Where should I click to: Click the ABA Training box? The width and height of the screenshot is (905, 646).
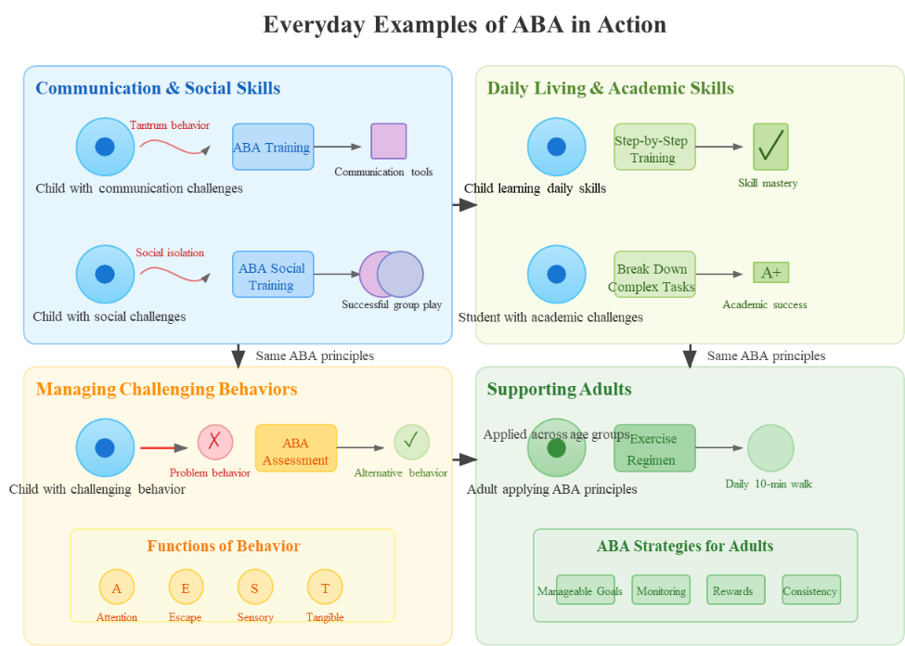(273, 147)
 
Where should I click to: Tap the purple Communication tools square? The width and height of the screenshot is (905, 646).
(389, 141)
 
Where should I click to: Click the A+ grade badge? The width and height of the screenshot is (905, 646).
(770, 272)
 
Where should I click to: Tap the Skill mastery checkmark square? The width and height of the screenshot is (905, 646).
(770, 147)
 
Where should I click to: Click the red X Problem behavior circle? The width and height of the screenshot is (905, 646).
(214, 442)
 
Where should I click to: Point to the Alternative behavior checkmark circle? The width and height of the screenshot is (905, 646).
(411, 442)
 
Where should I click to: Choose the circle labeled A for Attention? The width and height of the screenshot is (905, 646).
(117, 588)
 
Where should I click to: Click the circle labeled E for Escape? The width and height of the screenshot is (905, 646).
(186, 588)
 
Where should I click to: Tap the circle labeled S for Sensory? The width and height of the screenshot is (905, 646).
(254, 588)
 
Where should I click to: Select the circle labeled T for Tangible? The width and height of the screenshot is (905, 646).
(325, 588)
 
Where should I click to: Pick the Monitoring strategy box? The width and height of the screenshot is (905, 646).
(661, 590)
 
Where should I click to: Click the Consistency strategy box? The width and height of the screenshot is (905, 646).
(810, 590)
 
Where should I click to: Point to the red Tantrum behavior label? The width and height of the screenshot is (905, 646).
(170, 125)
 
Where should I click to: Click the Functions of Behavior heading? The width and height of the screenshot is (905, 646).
(224, 546)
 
